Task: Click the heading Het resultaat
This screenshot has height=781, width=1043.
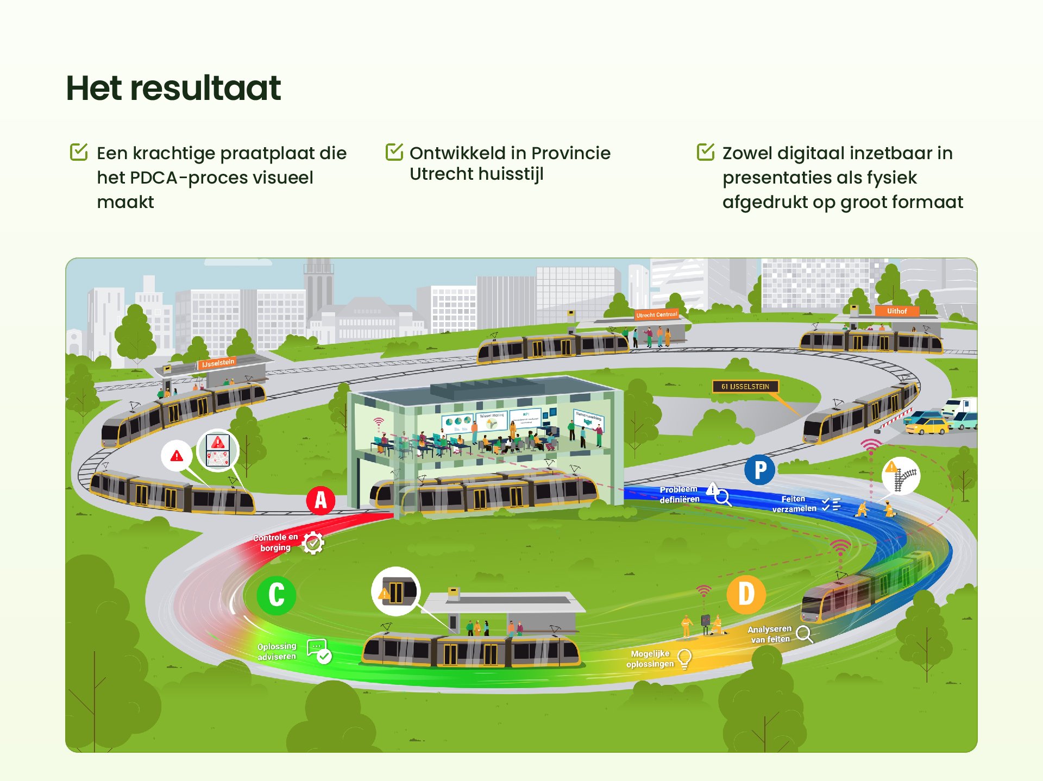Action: (173, 89)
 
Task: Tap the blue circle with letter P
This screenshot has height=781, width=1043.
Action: (759, 470)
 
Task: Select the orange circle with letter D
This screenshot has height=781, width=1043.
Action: (746, 594)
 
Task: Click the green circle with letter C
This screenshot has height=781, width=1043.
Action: (276, 595)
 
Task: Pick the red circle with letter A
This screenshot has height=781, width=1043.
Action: (321, 500)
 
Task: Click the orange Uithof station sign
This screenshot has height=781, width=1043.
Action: (896, 311)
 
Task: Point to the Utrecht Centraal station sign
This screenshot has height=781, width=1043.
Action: (656, 315)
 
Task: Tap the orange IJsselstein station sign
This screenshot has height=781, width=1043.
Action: (217, 363)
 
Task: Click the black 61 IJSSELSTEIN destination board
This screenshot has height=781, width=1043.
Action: (745, 387)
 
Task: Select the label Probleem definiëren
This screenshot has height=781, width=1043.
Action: (679, 494)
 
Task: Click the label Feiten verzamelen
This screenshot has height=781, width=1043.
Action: (794, 503)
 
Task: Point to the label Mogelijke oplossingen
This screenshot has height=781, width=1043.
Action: (650, 659)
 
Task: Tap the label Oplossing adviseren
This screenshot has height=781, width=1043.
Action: (277, 651)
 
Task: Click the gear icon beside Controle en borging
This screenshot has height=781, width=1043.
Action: (313, 543)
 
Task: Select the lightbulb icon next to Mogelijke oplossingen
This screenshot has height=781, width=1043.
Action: (684, 659)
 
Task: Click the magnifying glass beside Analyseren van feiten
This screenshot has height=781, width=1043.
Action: (804, 634)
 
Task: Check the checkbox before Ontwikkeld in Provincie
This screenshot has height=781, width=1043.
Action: (394, 152)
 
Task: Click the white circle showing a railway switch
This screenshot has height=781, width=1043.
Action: (901, 476)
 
